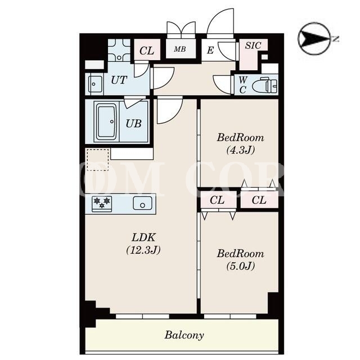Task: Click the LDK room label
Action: point(143,237)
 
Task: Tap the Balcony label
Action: point(184,335)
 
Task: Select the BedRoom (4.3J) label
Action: point(240,144)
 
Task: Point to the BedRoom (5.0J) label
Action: point(240,260)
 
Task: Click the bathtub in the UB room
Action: point(107,121)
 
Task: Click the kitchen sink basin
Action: point(142,203)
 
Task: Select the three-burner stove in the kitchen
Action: point(102,204)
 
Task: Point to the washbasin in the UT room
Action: point(95,84)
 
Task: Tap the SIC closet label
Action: point(253,45)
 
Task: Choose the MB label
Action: point(180,49)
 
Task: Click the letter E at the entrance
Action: point(210,50)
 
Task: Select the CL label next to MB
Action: point(147,51)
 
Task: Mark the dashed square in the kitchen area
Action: point(97,160)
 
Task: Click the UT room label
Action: point(119,80)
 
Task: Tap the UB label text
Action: point(133,123)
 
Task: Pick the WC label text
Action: point(243,85)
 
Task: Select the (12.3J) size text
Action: point(143,250)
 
